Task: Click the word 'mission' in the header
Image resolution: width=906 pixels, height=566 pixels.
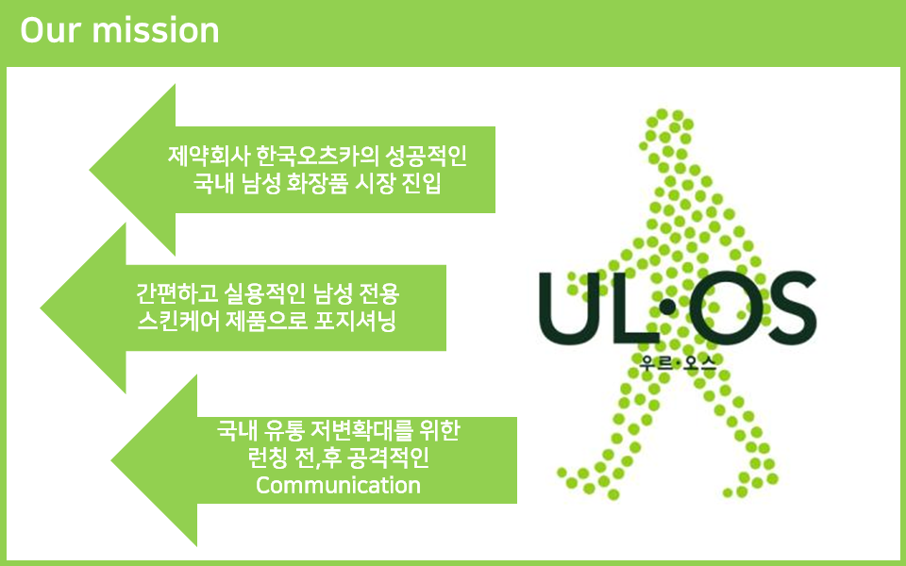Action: [156, 30]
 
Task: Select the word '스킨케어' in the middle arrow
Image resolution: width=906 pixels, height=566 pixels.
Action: [178, 321]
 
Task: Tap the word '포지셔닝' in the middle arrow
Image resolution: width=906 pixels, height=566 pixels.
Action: [355, 321]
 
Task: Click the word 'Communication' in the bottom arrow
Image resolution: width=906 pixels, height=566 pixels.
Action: [338, 485]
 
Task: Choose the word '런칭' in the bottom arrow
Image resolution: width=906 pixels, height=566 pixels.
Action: [267, 458]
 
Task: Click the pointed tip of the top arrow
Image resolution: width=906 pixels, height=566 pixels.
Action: [91, 170]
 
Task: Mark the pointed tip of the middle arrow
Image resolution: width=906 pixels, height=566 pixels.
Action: [41, 308]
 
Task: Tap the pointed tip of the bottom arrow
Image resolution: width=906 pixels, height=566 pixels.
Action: [112, 460]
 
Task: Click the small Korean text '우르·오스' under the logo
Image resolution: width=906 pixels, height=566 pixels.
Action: [678, 362]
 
